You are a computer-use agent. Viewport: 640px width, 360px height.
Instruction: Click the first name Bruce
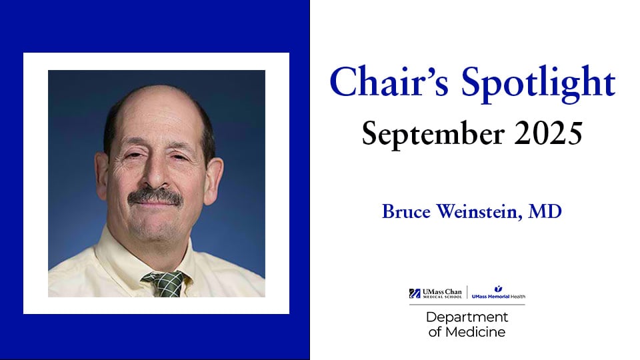coord(406,212)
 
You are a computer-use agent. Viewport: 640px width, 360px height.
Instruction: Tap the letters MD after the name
coord(545,212)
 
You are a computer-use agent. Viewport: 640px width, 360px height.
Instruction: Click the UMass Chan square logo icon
coord(415,293)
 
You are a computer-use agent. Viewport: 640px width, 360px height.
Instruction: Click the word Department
coord(467,317)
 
